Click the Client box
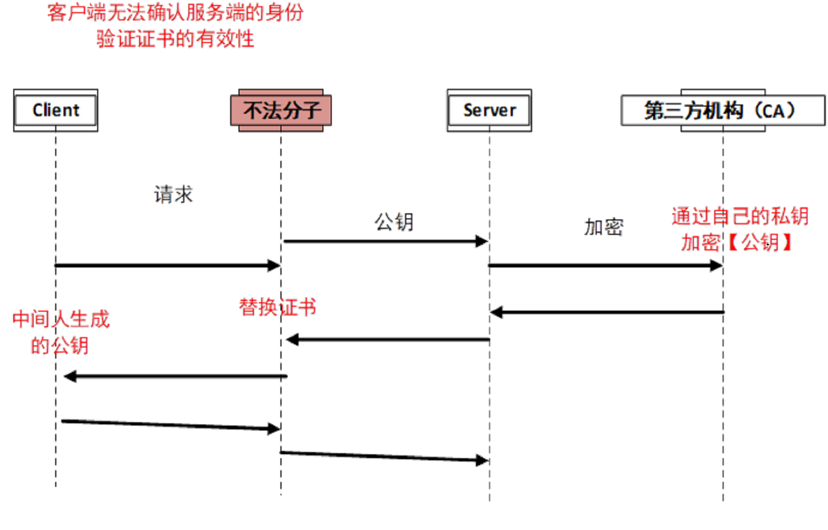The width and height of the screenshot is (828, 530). tap(56, 111)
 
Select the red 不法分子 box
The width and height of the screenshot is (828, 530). tap(281, 111)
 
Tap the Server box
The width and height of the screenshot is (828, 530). tap(489, 111)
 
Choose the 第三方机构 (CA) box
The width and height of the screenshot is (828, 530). tap(723, 111)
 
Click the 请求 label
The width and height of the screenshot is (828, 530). tap(173, 195)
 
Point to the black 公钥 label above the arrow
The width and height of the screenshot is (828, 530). tap(394, 222)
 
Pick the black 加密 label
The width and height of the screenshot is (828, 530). tap(604, 227)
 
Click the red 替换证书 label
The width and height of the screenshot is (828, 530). tap(278, 307)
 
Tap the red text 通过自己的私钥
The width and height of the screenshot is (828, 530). tap(740, 216)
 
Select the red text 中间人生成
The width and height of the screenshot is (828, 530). tap(61, 319)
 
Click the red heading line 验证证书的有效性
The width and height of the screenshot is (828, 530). tap(175, 39)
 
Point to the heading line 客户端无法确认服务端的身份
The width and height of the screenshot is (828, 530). tap(175, 13)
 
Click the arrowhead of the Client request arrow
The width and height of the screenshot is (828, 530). tap(274, 266)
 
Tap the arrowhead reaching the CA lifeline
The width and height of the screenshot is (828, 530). tap(716, 266)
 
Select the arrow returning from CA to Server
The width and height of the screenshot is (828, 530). tap(607, 312)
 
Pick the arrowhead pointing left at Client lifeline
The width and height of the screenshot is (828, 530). tap(70, 377)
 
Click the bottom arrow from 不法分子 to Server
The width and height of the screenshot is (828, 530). tap(384, 456)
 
